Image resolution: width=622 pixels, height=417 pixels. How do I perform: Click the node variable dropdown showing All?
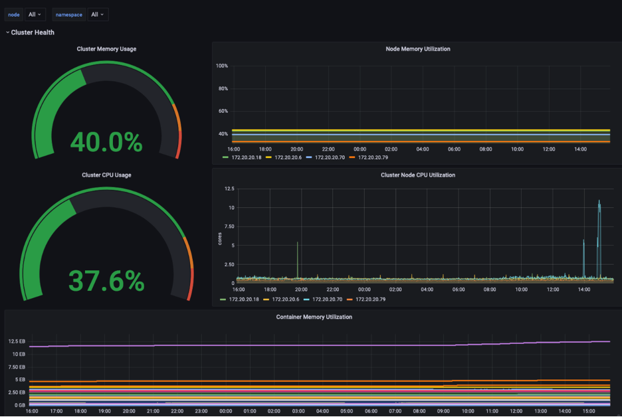[x=35, y=15]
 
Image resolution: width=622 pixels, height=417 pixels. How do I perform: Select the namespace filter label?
[x=68, y=15]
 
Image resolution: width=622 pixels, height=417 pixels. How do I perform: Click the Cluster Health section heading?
[x=33, y=33]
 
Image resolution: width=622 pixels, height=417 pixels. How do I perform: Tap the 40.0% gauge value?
[x=106, y=142]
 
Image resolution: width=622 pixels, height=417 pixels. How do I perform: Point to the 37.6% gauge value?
[x=106, y=281]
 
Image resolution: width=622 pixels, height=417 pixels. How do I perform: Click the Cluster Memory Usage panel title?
[x=106, y=48]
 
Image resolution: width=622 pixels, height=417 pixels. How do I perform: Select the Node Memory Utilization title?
[x=418, y=48]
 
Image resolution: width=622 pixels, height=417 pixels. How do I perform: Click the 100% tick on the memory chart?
[x=222, y=66]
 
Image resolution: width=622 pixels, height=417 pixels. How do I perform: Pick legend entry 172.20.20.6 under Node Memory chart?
[x=288, y=157]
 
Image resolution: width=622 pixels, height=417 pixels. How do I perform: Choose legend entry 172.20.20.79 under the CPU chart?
[x=371, y=299]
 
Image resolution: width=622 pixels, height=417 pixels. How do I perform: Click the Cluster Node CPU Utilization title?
[x=418, y=175]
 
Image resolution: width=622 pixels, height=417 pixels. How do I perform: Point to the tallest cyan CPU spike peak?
[x=599, y=201]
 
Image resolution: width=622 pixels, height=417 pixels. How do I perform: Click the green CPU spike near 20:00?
[x=298, y=260]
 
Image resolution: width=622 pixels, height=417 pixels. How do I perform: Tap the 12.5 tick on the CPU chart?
[x=229, y=189]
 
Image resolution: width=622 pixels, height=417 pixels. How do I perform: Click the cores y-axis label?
[x=220, y=238]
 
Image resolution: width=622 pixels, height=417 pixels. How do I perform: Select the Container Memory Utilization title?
[x=314, y=317]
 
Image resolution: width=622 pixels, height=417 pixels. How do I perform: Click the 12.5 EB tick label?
[x=17, y=341]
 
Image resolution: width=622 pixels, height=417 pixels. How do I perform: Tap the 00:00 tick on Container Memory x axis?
[x=226, y=411]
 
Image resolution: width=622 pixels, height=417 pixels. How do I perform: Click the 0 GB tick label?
[x=20, y=405]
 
